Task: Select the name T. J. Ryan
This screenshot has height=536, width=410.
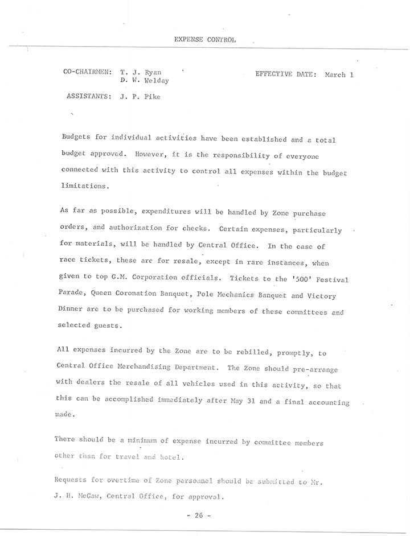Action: pos(141,72)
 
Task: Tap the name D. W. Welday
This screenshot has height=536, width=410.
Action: pos(145,81)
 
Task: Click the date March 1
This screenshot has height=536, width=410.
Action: pos(339,75)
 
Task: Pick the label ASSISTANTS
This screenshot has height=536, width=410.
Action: pos(89,97)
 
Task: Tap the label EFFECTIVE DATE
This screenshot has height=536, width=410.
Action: pos(285,75)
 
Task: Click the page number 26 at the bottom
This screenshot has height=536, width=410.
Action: pos(199,516)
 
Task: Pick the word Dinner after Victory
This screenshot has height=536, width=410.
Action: pos(72,312)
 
